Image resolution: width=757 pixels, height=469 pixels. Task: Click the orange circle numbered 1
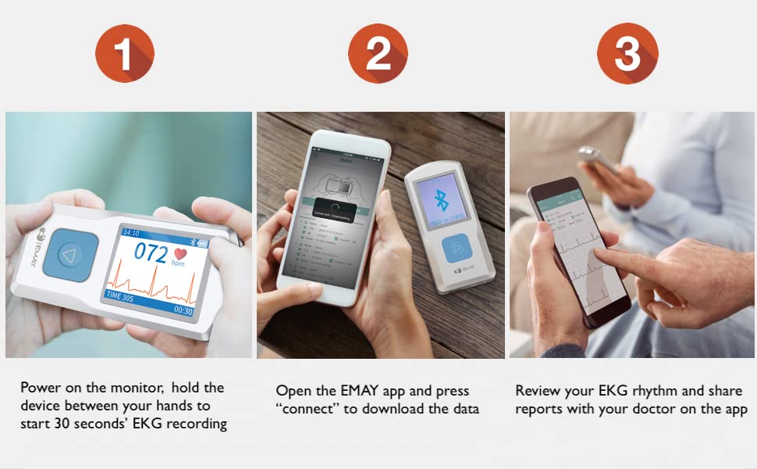tap(124, 53)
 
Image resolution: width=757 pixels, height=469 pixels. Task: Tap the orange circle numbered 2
tap(378, 53)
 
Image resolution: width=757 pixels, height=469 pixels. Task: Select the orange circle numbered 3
tap(627, 53)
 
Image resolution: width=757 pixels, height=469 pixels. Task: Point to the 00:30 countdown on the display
tap(183, 310)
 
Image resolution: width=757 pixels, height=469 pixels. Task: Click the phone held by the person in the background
tap(595, 159)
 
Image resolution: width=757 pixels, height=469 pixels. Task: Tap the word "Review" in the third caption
tap(537, 390)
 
